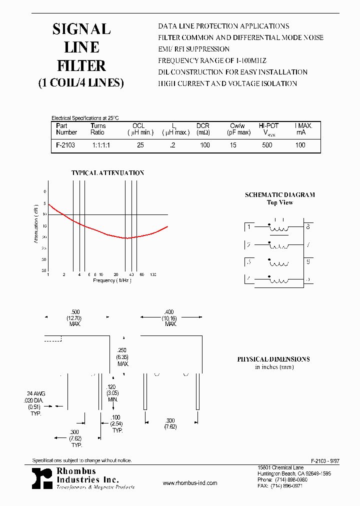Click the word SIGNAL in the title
81,29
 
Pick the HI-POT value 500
267,145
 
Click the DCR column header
202,126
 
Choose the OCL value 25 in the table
140,145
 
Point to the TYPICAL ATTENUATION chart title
107,173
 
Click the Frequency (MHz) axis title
112,280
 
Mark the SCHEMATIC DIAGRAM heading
279,195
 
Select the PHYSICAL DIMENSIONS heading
273,359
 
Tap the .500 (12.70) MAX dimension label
76,317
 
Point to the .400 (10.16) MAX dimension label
171,317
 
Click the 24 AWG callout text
35,394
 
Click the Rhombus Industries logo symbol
41,478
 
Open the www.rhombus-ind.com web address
190,483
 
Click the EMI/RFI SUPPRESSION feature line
193,49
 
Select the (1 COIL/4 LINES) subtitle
81,83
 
